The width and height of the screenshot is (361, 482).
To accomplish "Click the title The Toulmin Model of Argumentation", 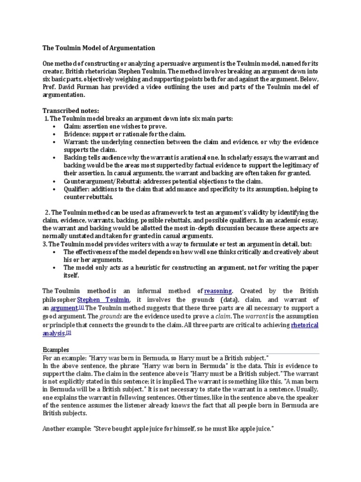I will (99, 48).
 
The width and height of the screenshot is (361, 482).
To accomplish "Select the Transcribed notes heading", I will (71, 111).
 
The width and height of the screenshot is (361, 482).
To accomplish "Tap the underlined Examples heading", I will (56, 350).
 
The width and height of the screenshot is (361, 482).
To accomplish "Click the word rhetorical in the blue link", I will (305, 325).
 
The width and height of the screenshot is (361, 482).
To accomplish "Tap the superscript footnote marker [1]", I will (81, 306).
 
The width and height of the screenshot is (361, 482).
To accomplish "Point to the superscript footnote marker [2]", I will (69, 332).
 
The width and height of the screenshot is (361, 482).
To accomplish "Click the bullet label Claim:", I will (73, 127).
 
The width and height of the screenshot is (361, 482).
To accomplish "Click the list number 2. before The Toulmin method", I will (47, 212).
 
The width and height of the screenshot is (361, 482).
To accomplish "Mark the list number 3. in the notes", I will (45, 244).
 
